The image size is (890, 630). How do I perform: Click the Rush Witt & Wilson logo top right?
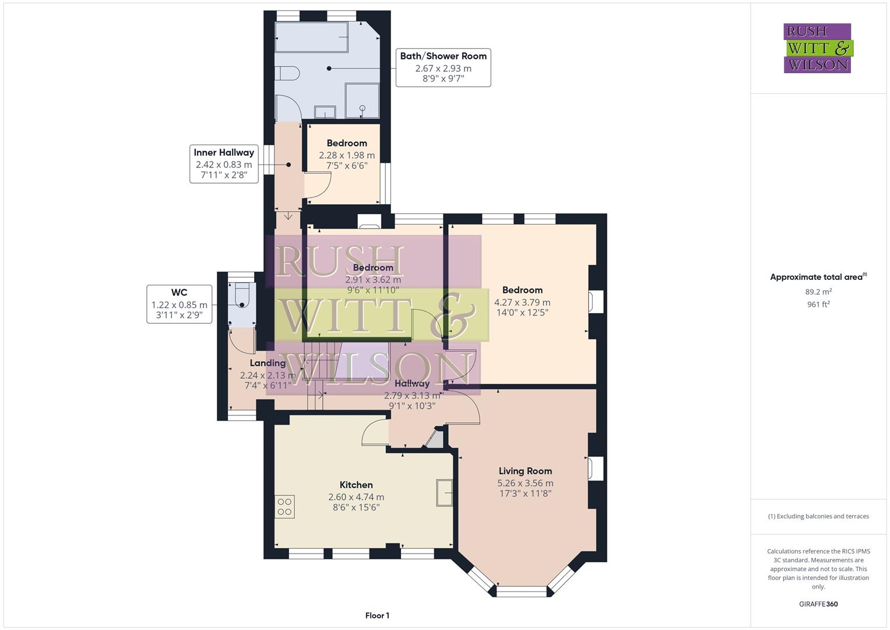click(817, 48)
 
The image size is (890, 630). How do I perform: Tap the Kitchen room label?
click(356, 485)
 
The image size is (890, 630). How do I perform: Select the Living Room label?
click(525, 471)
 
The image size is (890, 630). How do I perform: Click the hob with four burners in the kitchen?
click(284, 506)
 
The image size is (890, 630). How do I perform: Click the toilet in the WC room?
click(242, 295)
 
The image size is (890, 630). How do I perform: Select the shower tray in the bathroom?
click(362, 100)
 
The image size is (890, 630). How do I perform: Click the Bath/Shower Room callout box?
click(443, 68)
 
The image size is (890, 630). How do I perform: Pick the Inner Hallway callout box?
click(224, 164)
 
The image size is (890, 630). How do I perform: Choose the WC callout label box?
click(179, 304)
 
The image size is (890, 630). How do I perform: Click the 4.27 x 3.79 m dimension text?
click(522, 302)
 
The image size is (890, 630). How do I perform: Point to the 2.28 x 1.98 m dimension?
click(347, 155)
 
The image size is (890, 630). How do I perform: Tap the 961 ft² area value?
click(818, 304)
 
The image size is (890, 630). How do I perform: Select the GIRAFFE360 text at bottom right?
click(818, 604)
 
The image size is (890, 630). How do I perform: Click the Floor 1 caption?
click(377, 615)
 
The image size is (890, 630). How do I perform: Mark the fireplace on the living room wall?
click(595, 469)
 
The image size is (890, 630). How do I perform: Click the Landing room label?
click(268, 363)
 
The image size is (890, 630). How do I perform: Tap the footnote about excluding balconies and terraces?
click(818, 516)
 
